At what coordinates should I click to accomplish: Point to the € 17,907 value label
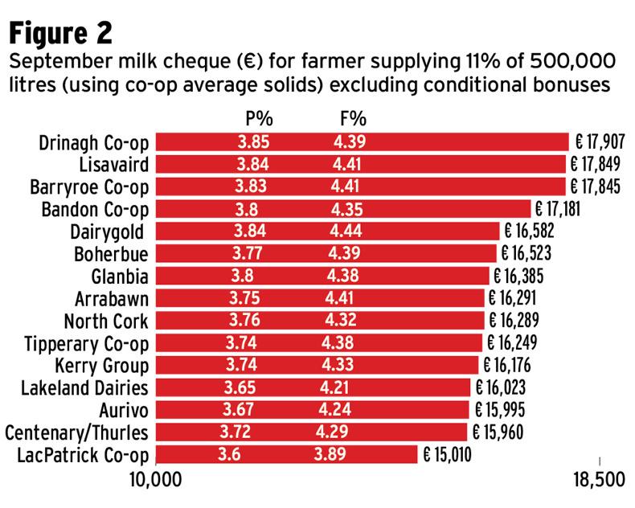(x=600, y=143)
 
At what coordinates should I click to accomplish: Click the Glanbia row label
(x=121, y=277)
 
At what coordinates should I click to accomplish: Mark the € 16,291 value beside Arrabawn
(x=520, y=299)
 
